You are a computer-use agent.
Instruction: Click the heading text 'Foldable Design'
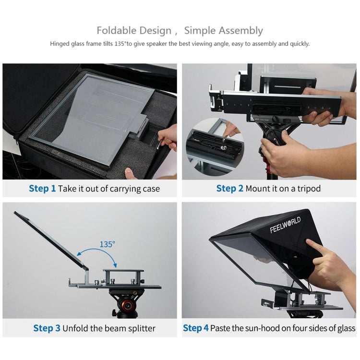(134, 31)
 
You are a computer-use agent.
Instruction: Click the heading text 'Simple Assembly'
(223, 31)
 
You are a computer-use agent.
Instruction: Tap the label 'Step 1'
(42, 189)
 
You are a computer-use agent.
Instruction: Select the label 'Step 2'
(229, 189)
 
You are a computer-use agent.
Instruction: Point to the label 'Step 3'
(47, 328)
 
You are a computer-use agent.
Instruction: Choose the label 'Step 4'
(196, 328)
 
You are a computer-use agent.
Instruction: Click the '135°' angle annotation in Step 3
(107, 244)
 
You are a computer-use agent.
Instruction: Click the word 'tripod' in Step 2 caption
(309, 189)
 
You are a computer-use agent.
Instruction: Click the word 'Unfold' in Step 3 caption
(76, 328)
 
